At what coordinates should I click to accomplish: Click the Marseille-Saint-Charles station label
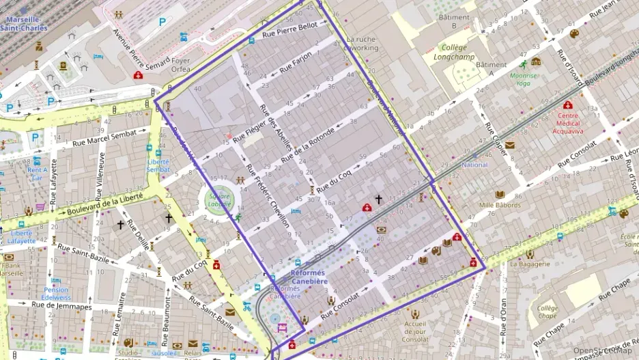tap(24, 24)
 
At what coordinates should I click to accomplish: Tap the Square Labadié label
tap(220, 200)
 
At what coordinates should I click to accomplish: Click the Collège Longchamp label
tap(453, 53)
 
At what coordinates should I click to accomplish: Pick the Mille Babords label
tap(500, 205)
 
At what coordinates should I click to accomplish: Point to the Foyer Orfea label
tap(181, 64)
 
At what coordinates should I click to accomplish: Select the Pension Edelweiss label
tap(56, 294)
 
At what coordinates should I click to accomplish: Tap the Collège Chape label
tap(547, 311)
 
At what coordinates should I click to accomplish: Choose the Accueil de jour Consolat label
tap(416, 331)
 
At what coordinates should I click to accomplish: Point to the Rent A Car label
tap(37, 174)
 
